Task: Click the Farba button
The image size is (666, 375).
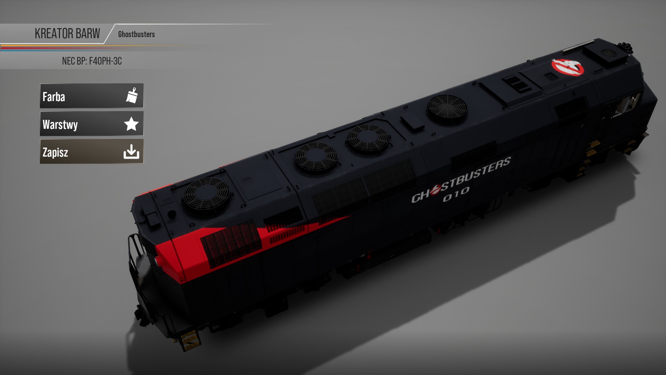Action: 92,96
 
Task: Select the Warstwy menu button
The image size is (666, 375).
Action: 92,124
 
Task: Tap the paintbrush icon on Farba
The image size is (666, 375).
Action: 132,95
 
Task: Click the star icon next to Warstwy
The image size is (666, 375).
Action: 131,124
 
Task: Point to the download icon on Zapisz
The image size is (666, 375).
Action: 131,152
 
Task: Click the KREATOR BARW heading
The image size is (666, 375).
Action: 67,34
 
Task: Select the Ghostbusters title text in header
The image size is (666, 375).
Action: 136,34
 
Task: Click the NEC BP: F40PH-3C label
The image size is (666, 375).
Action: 92,61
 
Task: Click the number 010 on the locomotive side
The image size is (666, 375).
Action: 456,194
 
